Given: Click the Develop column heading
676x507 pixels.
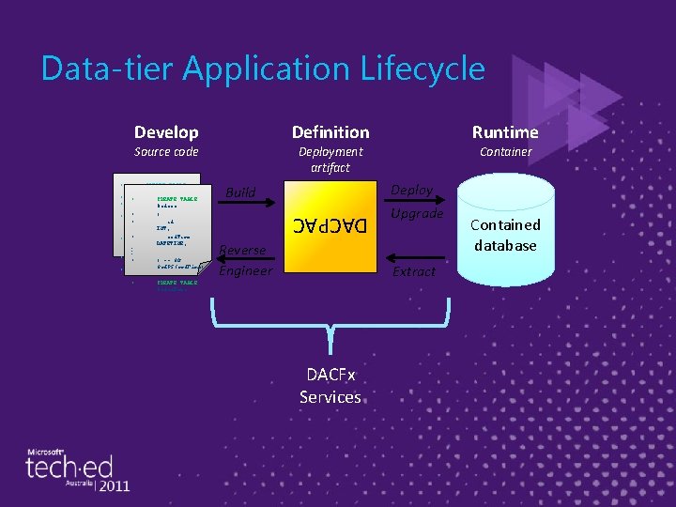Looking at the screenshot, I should pyautogui.click(x=166, y=132).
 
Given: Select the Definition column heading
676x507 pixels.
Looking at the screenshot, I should pyautogui.click(x=330, y=132).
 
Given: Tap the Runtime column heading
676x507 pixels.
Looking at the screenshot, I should pyautogui.click(x=505, y=132).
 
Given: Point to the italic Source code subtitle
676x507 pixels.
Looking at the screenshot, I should pyautogui.click(x=166, y=151).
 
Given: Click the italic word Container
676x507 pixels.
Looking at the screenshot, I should pyautogui.click(x=505, y=151).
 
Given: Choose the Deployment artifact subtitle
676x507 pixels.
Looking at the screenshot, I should pyautogui.click(x=330, y=159).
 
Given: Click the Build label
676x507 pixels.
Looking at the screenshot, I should pyautogui.click(x=240, y=192).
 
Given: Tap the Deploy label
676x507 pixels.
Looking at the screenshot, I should pyautogui.click(x=411, y=190).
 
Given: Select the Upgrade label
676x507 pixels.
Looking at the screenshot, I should pyautogui.click(x=417, y=213).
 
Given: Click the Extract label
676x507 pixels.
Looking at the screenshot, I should pyautogui.click(x=414, y=271).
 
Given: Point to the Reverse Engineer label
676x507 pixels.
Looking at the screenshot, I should pyautogui.click(x=245, y=260).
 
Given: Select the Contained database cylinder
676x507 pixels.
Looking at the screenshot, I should pyautogui.click(x=505, y=235).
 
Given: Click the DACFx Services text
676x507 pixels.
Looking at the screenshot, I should pyautogui.click(x=330, y=386).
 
